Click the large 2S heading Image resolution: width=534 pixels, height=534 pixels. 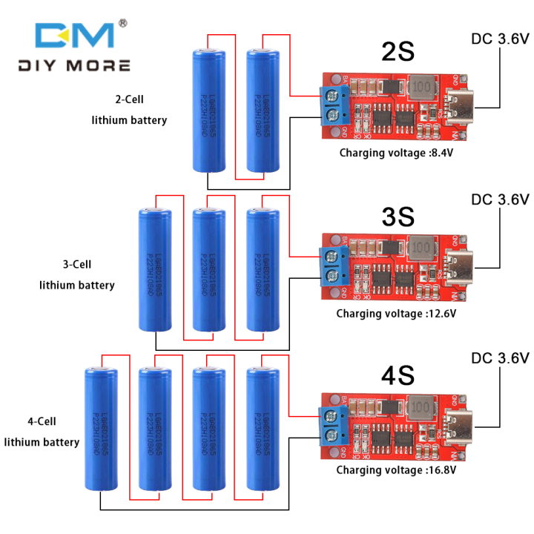397,53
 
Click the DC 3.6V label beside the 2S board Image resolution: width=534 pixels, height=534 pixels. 500,39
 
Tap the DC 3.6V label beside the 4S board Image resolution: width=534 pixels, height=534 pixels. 500,359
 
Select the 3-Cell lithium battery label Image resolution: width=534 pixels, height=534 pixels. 76,274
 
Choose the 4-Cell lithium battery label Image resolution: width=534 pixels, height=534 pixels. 42,432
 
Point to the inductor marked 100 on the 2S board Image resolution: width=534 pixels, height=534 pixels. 422,88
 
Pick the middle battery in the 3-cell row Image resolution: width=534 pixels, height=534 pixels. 208,270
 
